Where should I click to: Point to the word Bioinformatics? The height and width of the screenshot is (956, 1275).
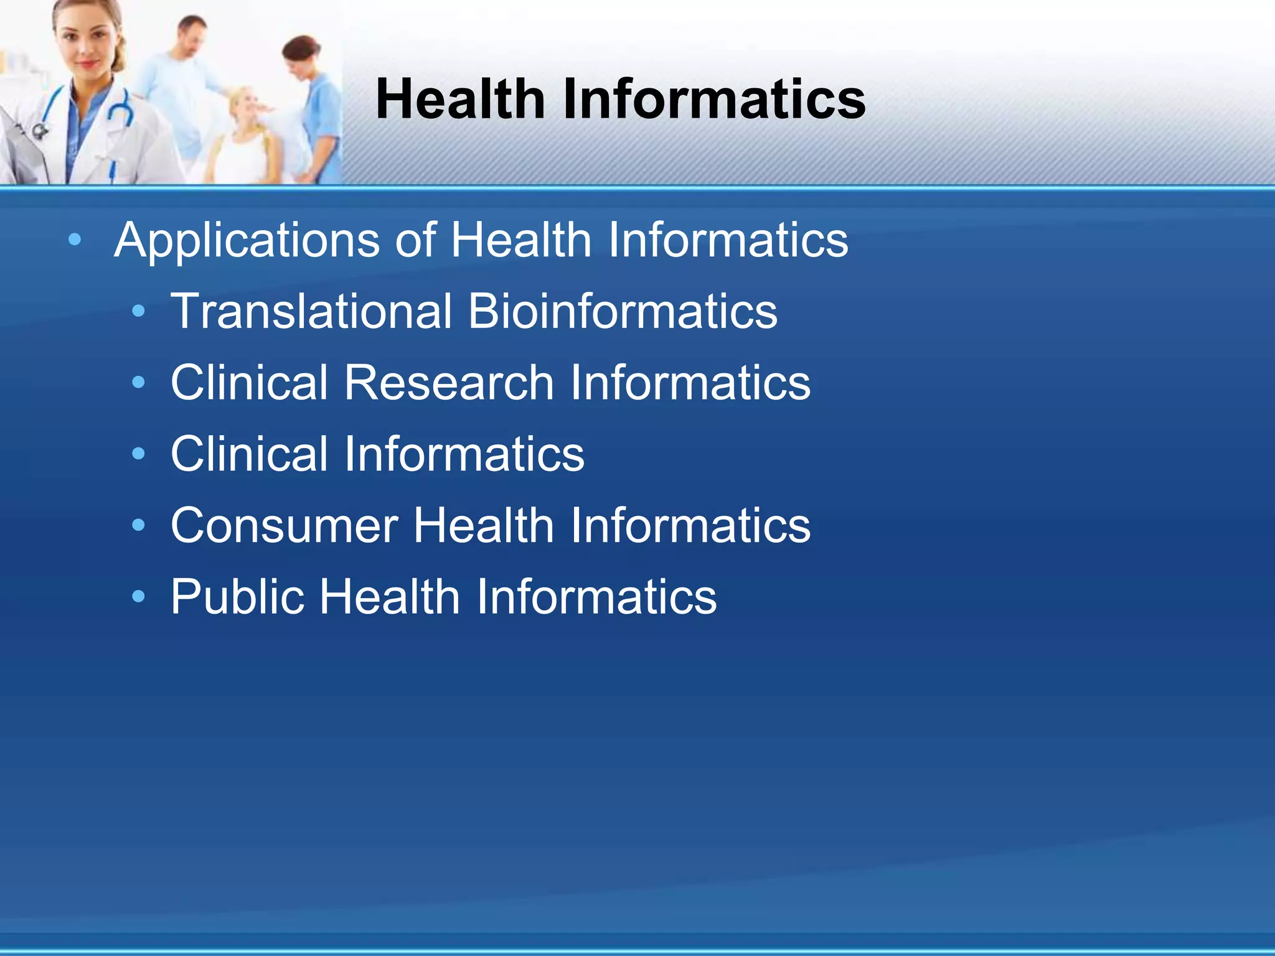click(x=623, y=311)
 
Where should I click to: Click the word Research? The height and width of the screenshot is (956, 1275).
click(x=448, y=382)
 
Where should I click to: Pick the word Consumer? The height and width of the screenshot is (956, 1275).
click(x=284, y=526)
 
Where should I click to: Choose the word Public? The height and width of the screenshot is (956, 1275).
click(x=237, y=597)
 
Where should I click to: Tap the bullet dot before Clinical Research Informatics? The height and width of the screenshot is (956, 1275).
click(x=138, y=382)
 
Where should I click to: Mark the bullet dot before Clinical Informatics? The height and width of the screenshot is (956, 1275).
click(x=138, y=454)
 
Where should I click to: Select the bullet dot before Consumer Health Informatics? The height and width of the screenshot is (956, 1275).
click(x=138, y=525)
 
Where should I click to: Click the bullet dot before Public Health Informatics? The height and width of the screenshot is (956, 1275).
click(x=138, y=596)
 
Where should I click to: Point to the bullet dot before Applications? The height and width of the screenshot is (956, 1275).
click(x=75, y=240)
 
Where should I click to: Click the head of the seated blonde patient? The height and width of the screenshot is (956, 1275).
click(x=246, y=106)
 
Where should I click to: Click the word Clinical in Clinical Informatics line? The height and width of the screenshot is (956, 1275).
click(x=249, y=454)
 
